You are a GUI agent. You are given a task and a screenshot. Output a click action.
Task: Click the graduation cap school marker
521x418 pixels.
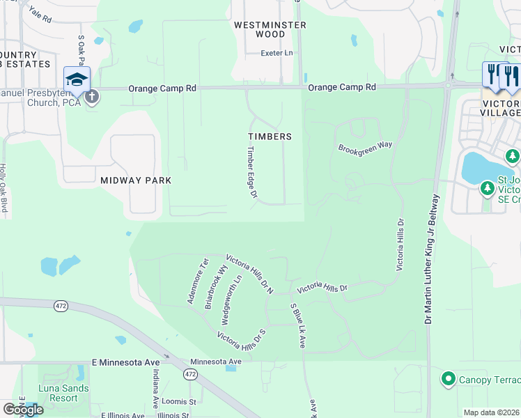click(x=77, y=79)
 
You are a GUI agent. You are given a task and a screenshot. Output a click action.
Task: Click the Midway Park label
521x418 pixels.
click(x=136, y=180)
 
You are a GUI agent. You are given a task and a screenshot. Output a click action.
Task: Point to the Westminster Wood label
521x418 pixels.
click(x=260, y=29)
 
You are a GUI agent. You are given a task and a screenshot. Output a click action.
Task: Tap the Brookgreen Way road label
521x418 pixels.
click(x=366, y=148)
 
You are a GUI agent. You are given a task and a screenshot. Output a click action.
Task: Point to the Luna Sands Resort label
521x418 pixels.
click(x=64, y=393)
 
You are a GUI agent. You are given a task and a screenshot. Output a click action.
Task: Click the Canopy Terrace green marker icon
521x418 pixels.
click(x=449, y=380)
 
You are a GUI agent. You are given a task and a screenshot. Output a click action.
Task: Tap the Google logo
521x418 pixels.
click(x=23, y=410)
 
